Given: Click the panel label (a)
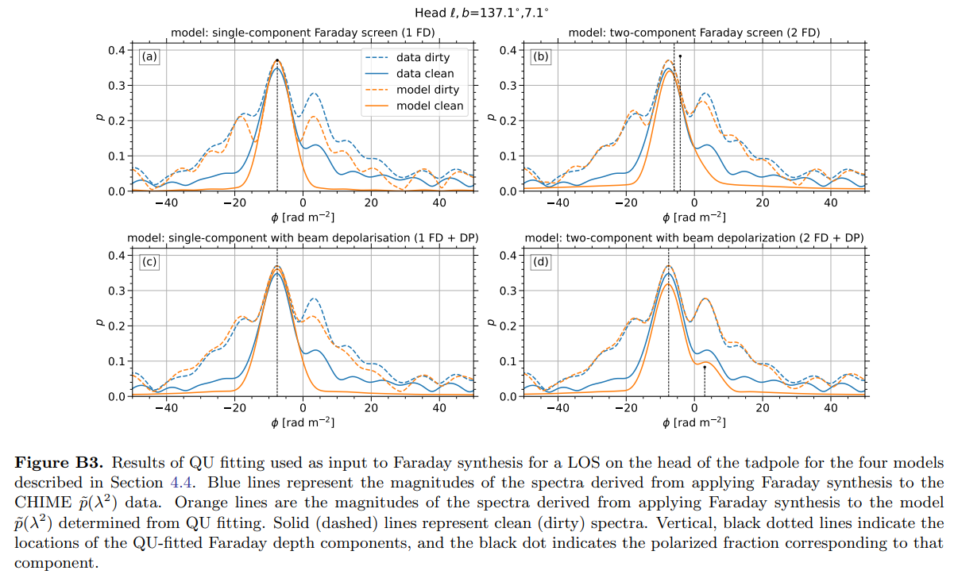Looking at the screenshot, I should point(149,57).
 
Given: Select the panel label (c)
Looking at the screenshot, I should point(149,262).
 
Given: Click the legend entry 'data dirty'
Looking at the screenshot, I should point(423,57).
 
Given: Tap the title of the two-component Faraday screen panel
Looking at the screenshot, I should point(694,33).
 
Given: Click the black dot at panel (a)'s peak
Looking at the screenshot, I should point(276,60).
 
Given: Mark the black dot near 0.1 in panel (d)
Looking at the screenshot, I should point(705,366).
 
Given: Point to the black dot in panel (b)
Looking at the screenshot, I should point(680,56).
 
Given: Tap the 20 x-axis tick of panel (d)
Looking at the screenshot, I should point(763,408).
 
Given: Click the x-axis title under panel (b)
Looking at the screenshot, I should point(695,218).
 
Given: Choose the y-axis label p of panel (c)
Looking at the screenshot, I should point(100,324).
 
